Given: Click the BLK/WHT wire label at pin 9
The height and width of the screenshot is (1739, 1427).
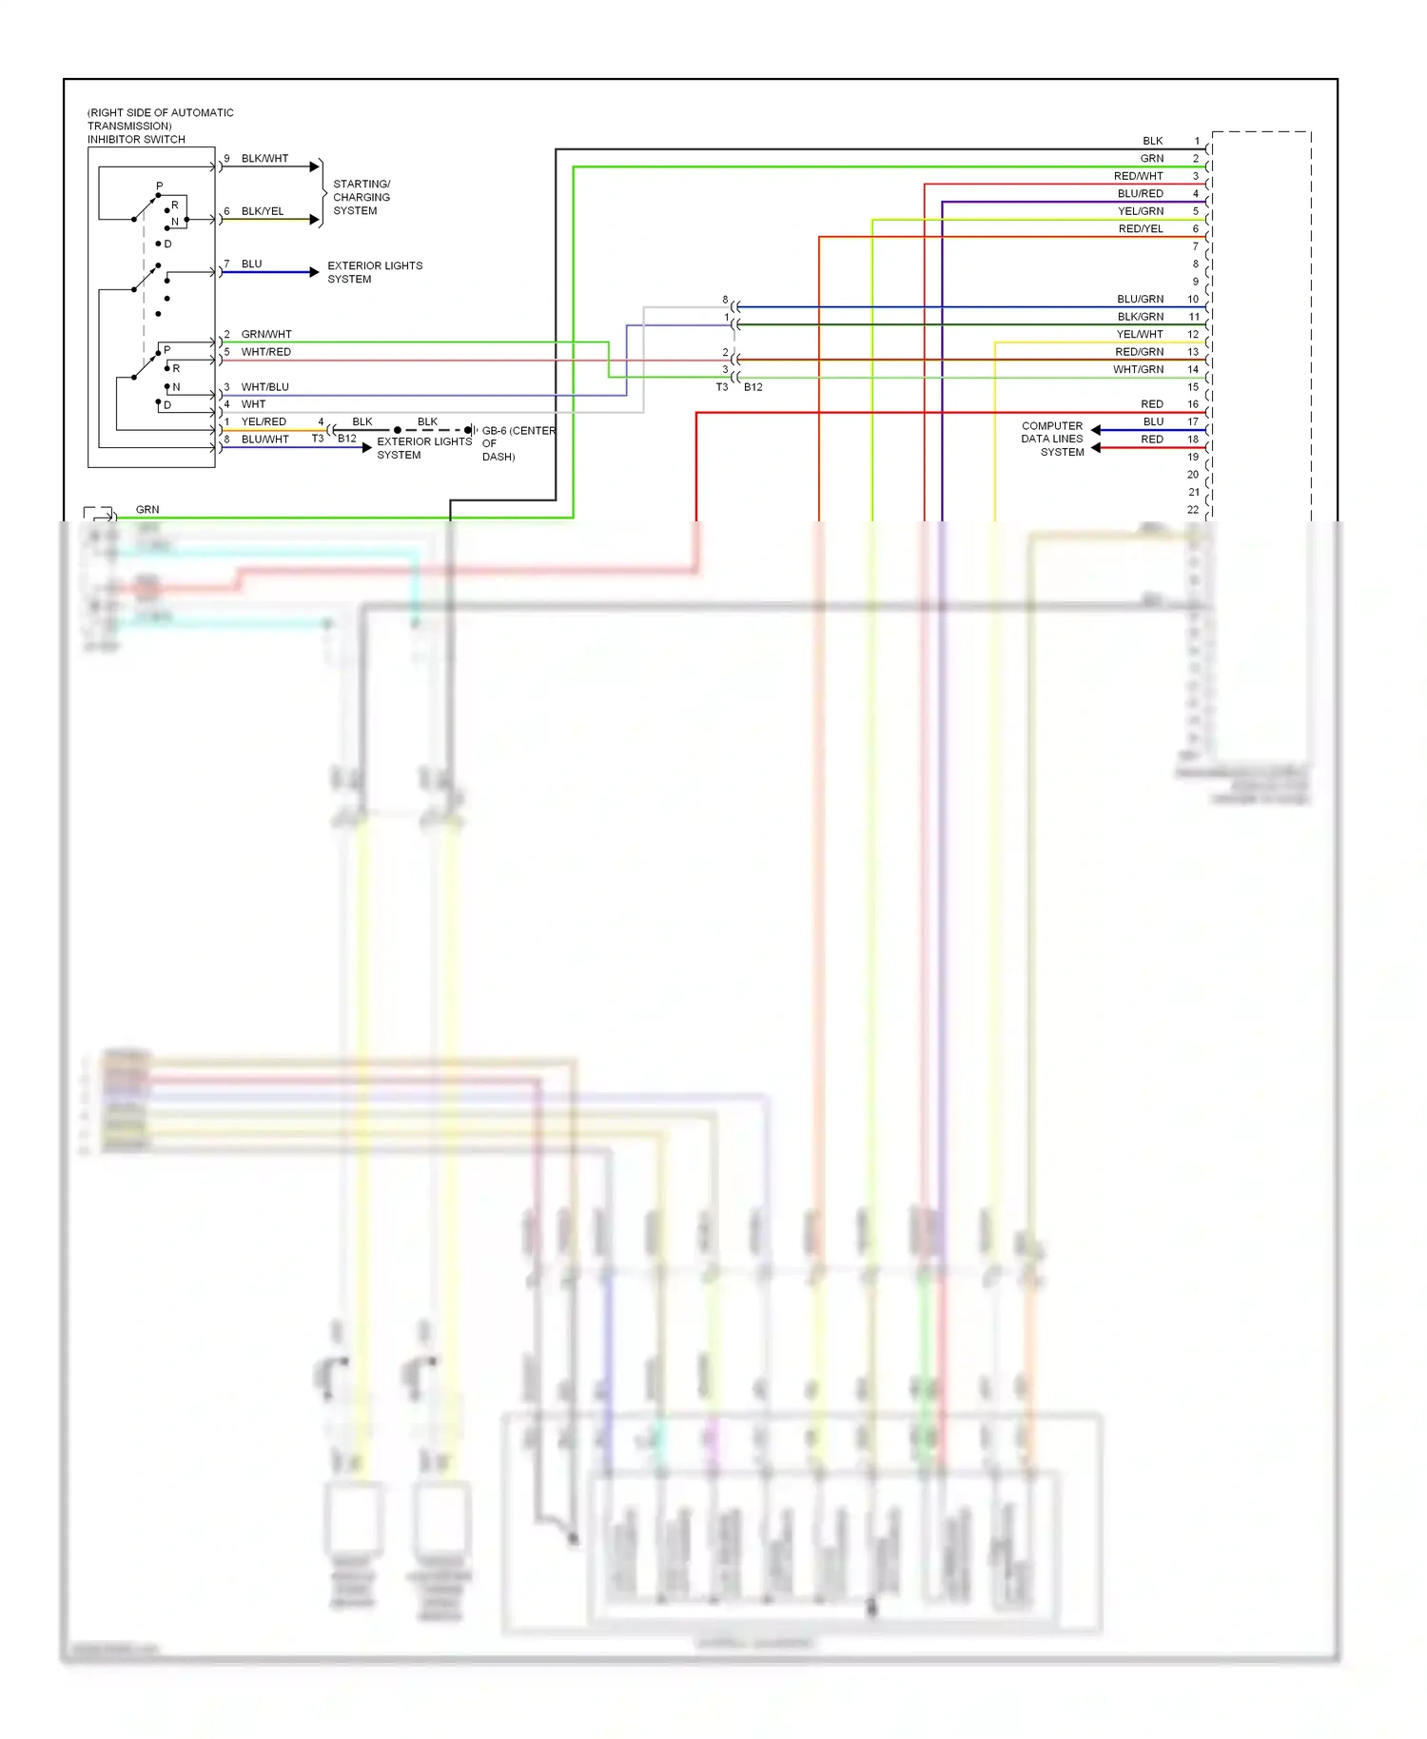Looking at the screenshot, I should (x=264, y=159).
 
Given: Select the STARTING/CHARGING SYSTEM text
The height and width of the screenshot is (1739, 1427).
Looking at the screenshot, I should (x=362, y=197).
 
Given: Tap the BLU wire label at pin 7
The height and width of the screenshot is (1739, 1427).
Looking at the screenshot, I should (x=251, y=264).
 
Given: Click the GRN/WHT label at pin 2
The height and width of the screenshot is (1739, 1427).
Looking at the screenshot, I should (x=266, y=335).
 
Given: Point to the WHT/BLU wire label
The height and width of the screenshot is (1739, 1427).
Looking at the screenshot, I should (x=264, y=387).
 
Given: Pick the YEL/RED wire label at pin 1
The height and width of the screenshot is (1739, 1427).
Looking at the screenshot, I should (x=264, y=422).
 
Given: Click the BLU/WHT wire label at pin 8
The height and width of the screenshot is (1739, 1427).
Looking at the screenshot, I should (x=264, y=440).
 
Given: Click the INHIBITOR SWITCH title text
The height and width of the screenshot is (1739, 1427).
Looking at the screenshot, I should (x=136, y=140).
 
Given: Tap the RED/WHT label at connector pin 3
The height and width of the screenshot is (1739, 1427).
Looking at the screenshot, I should (x=1138, y=176).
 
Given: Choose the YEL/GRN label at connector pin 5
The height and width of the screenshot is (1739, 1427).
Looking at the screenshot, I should (x=1140, y=211).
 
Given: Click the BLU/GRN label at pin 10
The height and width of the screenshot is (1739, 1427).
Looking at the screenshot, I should (x=1140, y=300).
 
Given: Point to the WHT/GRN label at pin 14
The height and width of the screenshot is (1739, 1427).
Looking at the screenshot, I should (x=1138, y=370).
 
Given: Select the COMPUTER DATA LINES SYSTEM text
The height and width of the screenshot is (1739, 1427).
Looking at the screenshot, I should (x=1052, y=440).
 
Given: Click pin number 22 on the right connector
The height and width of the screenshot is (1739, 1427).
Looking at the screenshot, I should (x=1193, y=510).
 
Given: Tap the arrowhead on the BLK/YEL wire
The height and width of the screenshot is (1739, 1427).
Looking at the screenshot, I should (x=314, y=220).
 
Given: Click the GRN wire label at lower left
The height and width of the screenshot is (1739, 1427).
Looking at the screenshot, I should (x=147, y=510).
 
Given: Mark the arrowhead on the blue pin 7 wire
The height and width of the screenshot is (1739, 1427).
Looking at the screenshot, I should (x=314, y=272).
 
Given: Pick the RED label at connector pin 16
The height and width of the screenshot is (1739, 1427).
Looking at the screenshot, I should (x=1151, y=404).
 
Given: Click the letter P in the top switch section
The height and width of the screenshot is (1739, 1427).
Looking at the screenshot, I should (x=159, y=186).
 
